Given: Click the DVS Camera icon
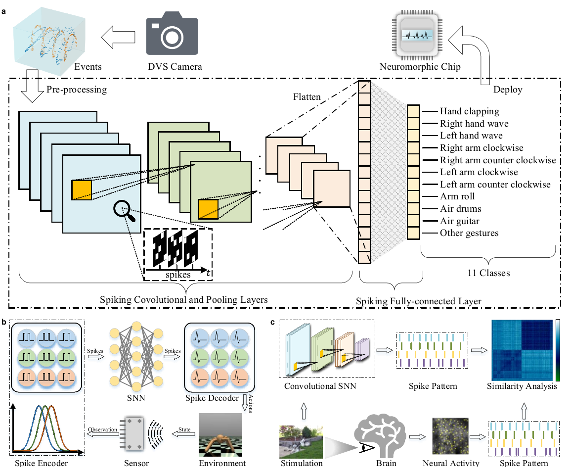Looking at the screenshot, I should (x=172, y=37).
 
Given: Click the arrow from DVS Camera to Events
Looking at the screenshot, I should (x=119, y=37).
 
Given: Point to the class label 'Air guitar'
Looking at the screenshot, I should (x=459, y=221).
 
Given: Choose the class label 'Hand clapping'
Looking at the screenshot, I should (x=469, y=111).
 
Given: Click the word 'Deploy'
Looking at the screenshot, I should (x=507, y=91).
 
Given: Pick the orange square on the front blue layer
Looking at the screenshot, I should (x=82, y=189).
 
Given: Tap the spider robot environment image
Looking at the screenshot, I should (x=221, y=435).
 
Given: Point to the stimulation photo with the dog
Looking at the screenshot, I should (x=301, y=441).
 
